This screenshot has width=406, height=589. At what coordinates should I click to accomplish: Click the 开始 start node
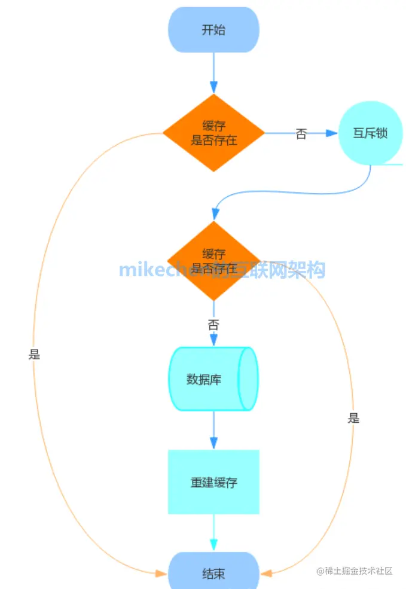tap(213, 30)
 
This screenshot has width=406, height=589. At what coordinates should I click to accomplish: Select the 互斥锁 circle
tap(370, 133)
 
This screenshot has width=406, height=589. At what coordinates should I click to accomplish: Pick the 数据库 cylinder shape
tap(213, 379)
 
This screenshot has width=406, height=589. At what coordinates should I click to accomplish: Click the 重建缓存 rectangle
tap(213, 482)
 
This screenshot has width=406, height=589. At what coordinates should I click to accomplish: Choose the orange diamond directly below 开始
tap(213, 133)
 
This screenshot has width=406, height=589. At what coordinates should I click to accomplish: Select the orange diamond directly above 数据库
tap(213, 261)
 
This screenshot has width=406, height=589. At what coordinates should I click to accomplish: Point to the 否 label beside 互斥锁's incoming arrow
tap(301, 134)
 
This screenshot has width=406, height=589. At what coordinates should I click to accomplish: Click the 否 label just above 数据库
tap(213, 325)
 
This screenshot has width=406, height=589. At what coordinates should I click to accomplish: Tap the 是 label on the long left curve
tap(34, 354)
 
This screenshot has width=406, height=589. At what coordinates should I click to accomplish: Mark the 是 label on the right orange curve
tap(354, 418)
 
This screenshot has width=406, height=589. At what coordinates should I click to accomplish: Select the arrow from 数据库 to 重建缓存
tap(213, 429)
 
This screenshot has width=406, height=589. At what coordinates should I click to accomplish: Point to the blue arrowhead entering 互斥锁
tap(332, 133)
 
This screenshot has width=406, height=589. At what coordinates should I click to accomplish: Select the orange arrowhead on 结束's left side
tap(161, 573)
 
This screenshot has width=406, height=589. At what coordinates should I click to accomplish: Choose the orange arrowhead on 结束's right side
tap(267, 573)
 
